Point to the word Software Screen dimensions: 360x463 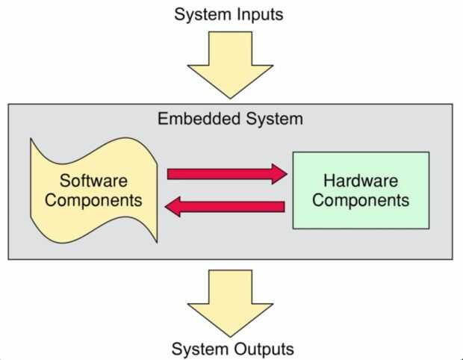(93, 181)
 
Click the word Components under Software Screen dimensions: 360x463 (93, 200)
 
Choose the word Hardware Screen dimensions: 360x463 (361, 181)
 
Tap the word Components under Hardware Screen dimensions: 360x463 (361, 200)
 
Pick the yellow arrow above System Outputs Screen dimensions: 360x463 (231, 299)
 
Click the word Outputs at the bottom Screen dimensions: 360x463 (262, 349)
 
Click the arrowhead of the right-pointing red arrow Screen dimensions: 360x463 (279, 174)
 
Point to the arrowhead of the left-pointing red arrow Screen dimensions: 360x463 (173, 206)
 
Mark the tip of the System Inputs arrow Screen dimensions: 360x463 (231, 96)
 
